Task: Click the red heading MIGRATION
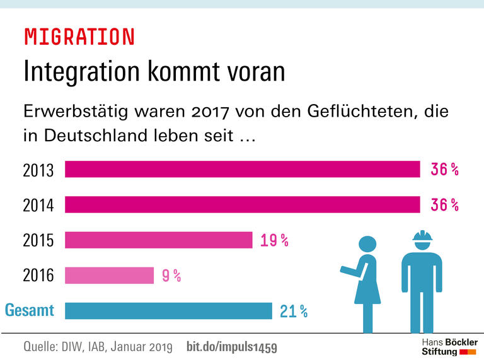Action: pyautogui.click(x=79, y=37)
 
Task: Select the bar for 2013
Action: pyautogui.click(x=243, y=170)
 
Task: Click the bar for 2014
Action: pyautogui.click(x=243, y=205)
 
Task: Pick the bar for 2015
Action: pyautogui.click(x=159, y=240)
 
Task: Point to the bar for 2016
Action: pyautogui.click(x=109, y=276)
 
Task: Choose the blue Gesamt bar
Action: pyautogui.click(x=168, y=311)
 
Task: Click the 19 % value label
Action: pyautogui.click(x=274, y=240)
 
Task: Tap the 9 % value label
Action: pyautogui.click(x=171, y=276)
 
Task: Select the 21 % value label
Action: pyautogui.click(x=294, y=311)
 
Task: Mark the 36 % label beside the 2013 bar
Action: pyautogui.click(x=444, y=170)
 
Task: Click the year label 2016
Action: pyautogui.click(x=38, y=276)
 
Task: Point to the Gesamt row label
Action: pyautogui.click(x=30, y=310)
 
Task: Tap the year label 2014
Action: pyautogui.click(x=38, y=205)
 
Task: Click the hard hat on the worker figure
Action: pyautogui.click(x=422, y=236)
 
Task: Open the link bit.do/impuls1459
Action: pyautogui.click(x=232, y=347)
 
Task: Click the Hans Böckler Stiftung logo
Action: pyautogui.click(x=449, y=346)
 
